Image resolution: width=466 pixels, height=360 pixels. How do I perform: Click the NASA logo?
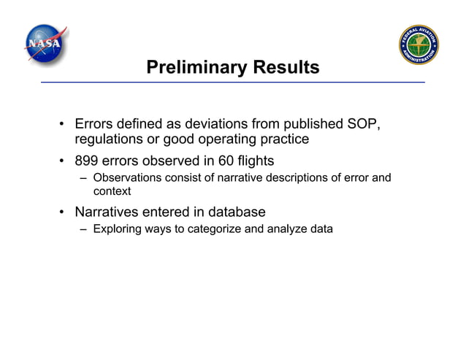pyautogui.click(x=45, y=45)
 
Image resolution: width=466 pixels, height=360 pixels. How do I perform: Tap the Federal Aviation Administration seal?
pyautogui.click(x=419, y=45)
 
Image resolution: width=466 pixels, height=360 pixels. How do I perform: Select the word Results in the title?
pyautogui.click(x=286, y=68)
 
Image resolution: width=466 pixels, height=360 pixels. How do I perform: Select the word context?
pyautogui.click(x=112, y=191)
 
